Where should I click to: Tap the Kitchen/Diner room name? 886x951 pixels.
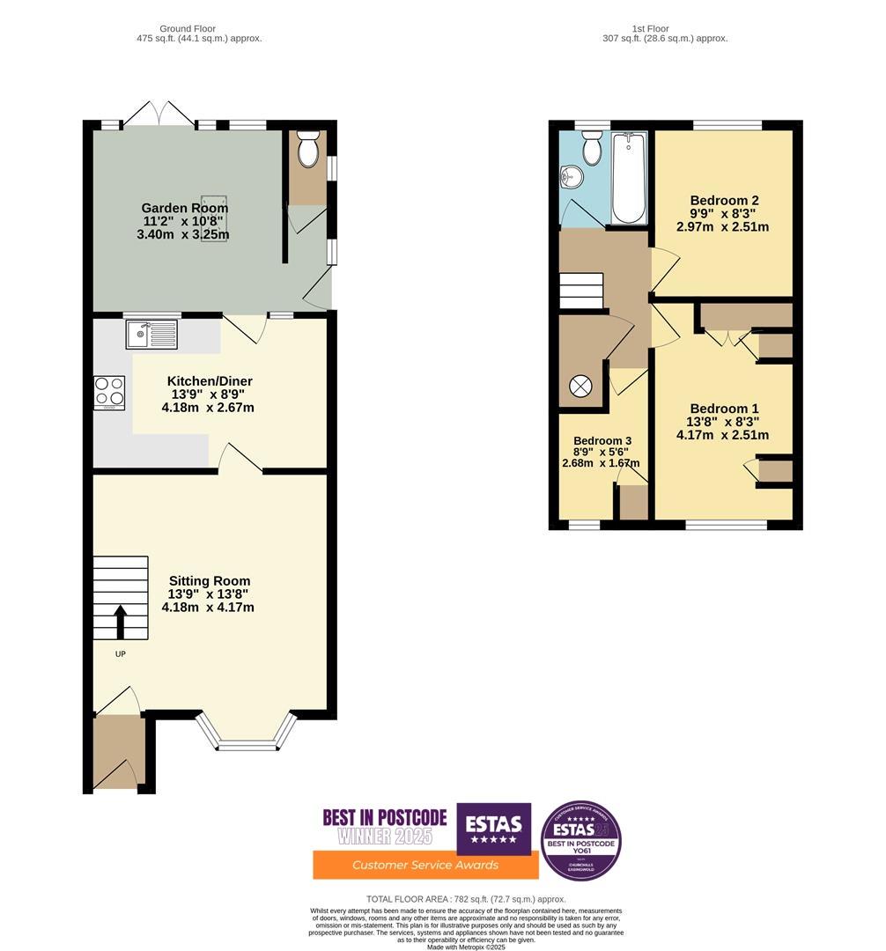coord(210,381)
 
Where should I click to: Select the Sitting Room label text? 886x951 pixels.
coord(210,581)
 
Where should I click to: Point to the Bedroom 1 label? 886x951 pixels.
coord(724,409)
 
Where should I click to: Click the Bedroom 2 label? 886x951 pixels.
coord(724,201)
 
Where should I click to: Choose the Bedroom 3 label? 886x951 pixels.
coord(602,441)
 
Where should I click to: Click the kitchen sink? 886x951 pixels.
coord(151,334)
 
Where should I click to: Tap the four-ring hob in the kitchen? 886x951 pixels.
coord(109,392)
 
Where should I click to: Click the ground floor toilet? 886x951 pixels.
coord(307,151)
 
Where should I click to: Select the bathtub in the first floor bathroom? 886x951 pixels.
coord(628,176)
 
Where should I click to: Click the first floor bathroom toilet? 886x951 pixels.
coord(592,148)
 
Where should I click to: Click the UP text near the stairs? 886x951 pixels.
coord(121,654)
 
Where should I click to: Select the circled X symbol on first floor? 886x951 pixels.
coord(580,387)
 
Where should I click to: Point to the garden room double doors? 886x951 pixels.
coord(159,115)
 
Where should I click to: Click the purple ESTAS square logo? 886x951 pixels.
coord(493,828)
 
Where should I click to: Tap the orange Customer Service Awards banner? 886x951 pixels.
coord(425,865)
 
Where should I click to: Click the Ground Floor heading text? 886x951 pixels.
coord(187,29)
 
